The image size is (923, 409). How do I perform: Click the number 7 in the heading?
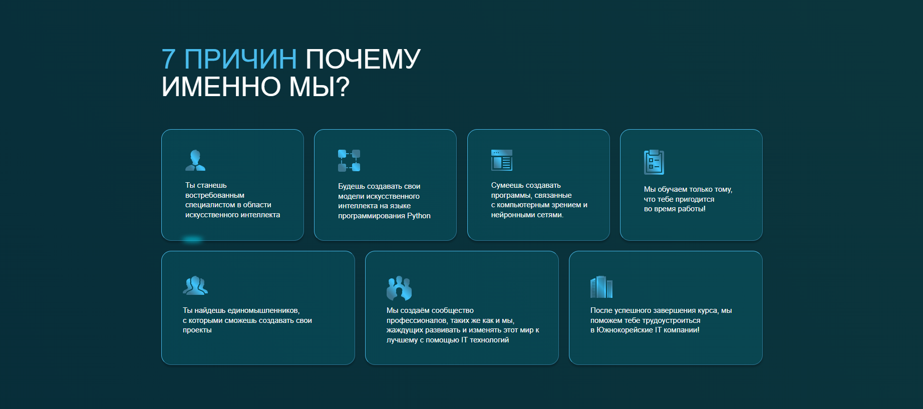coord(169,59)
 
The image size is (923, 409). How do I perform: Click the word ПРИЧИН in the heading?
coord(241,59)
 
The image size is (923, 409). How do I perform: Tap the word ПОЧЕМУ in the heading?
coord(363,59)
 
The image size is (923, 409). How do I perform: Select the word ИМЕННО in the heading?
coord(221,87)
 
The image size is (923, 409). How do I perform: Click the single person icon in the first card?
coord(195,160)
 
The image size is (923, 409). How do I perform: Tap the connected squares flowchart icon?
coord(349,160)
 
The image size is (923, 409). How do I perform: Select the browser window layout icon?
coord(502,160)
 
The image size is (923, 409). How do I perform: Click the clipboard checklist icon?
coord(654,162)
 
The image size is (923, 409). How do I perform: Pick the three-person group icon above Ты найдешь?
coord(195,285)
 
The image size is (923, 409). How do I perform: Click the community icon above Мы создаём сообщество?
coord(399,288)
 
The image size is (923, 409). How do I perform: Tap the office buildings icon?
coord(601,287)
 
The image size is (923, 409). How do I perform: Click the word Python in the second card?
coord(419,216)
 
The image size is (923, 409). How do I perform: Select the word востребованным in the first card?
coord(215,195)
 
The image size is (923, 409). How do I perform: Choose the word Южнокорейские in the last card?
coord(625,330)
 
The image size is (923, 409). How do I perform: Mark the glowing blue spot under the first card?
coord(192,240)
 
